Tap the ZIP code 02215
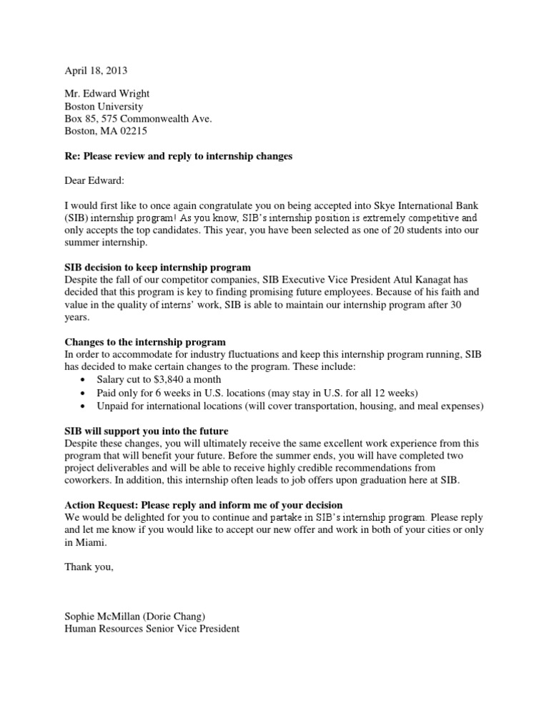[132, 132]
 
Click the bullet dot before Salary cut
[85, 380]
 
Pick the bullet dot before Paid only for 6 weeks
[85, 393]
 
